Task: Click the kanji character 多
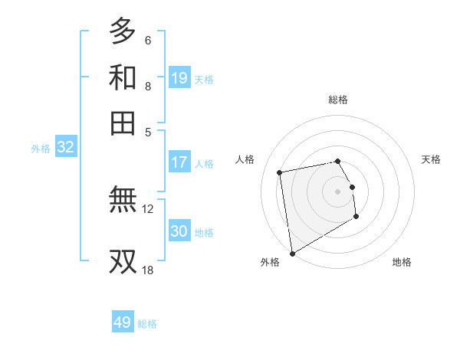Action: click(x=123, y=31)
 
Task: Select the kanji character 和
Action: click(x=123, y=78)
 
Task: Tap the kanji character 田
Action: click(x=123, y=123)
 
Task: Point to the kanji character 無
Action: click(x=123, y=201)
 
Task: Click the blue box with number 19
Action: click(x=179, y=78)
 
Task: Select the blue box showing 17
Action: click(x=179, y=162)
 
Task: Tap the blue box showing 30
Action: click(x=179, y=231)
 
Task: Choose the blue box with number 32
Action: click(x=65, y=148)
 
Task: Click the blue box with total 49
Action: click(x=123, y=322)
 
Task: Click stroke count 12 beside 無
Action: click(x=148, y=208)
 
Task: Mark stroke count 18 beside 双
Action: click(x=147, y=270)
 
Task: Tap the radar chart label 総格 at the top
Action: click(x=338, y=100)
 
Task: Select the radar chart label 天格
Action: click(x=431, y=159)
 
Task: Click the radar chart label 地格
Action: click(x=402, y=262)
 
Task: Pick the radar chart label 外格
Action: click(x=270, y=262)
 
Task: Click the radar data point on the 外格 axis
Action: click(x=292, y=254)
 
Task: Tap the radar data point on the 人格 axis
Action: click(x=280, y=172)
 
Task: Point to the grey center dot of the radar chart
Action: click(x=338, y=191)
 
